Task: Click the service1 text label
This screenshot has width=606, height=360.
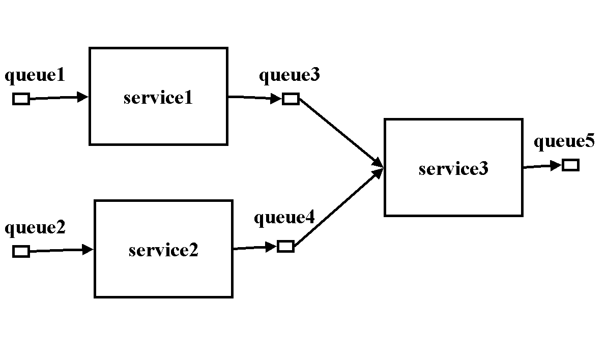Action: [x=158, y=97]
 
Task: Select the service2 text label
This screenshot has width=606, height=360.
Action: [x=163, y=250]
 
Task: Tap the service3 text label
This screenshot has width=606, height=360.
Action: [x=453, y=168]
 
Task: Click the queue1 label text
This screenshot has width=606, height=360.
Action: [x=35, y=76]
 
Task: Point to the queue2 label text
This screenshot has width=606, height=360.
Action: [x=35, y=228]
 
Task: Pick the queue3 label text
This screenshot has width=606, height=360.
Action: [x=290, y=75]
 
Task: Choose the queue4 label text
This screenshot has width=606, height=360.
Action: [x=284, y=218]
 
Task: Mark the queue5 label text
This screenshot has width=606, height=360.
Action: [x=564, y=141]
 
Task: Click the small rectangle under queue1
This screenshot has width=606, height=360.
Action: [x=21, y=99]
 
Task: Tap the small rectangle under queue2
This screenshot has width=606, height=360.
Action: [x=21, y=251]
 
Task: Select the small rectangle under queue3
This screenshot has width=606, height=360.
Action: [x=291, y=99]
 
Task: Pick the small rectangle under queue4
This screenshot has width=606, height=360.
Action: [x=285, y=247]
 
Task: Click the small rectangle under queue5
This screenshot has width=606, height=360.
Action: [x=570, y=165]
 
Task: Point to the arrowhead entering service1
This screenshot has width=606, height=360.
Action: [x=83, y=97]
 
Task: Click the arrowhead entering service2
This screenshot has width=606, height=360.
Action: [x=88, y=249]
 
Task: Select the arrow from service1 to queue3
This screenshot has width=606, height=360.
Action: [x=254, y=97]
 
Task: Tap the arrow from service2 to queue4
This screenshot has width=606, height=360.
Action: [x=254, y=248]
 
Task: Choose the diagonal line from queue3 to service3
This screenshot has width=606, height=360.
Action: [x=338, y=131]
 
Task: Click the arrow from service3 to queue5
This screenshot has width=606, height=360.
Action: [x=542, y=166]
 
